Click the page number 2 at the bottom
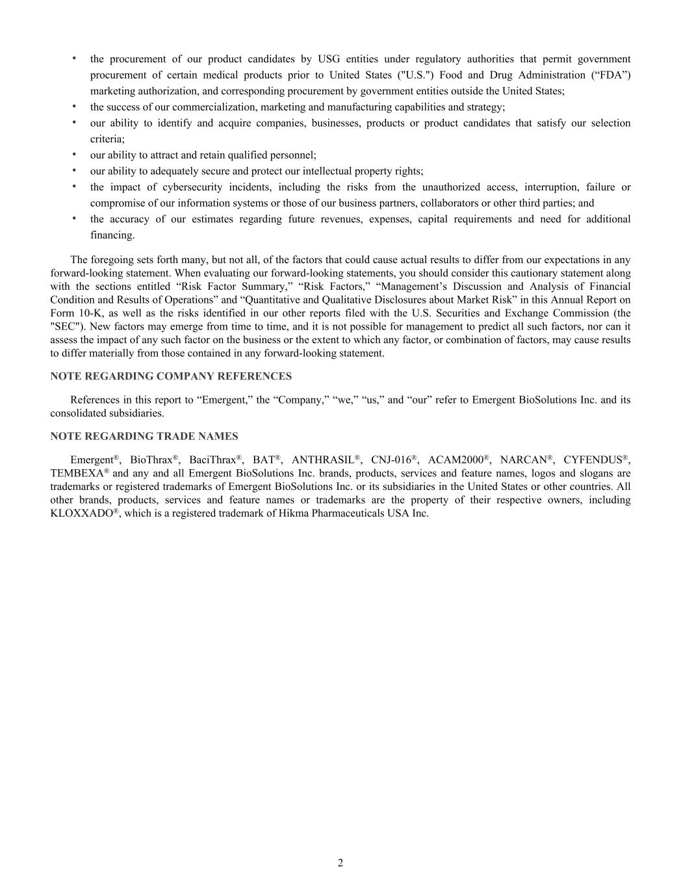[x=340, y=863]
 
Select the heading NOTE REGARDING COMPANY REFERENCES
[x=171, y=376]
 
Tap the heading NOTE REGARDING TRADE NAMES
[x=144, y=436]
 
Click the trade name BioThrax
[x=150, y=460]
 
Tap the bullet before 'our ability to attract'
[x=74, y=154]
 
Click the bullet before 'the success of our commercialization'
[x=74, y=106]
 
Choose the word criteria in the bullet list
[x=107, y=139]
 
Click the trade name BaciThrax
[x=212, y=460]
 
